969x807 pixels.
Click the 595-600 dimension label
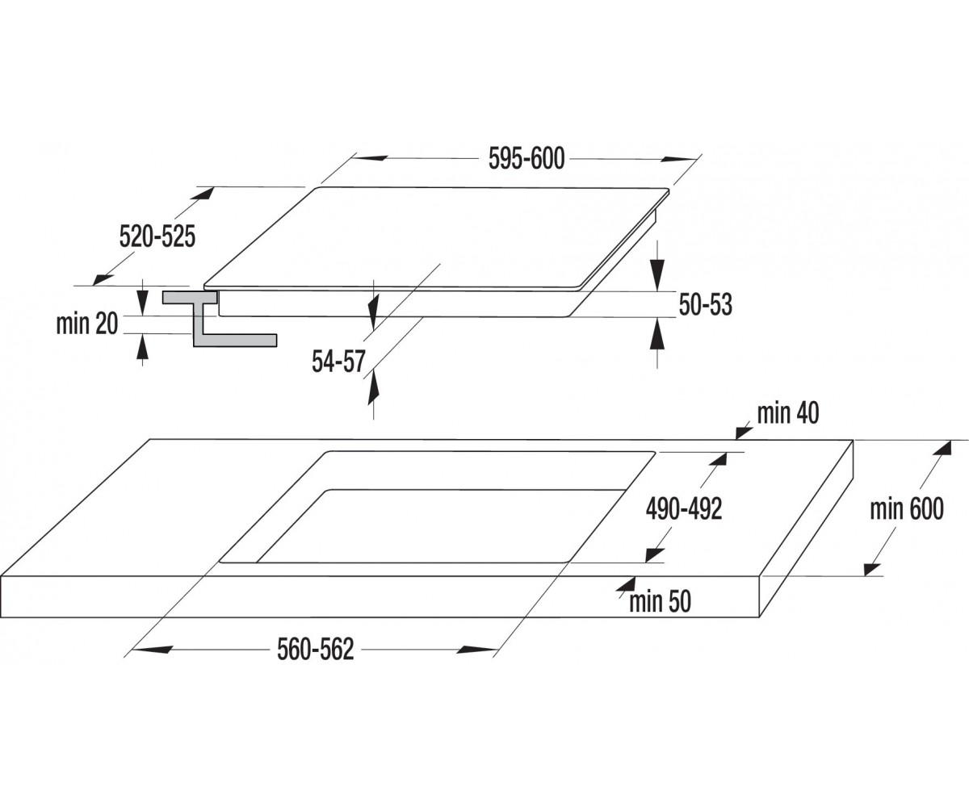pos(526,159)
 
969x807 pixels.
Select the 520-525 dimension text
pos(157,236)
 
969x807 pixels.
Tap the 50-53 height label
pos(706,305)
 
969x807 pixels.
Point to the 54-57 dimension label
pos(338,362)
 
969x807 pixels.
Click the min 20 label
pos(87,324)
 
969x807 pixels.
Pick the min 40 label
pos(788,413)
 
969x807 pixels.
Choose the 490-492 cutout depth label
pos(684,509)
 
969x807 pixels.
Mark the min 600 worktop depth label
pos(906,508)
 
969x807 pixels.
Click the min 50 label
pos(660,601)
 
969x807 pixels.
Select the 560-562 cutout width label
pos(316,650)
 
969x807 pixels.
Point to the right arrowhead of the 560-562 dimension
pos(476,650)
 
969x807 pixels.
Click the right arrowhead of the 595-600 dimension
pos(679,159)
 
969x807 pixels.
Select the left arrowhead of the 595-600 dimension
pos(369,158)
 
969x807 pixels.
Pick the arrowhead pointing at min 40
pos(745,431)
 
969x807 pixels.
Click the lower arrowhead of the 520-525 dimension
pos(103,279)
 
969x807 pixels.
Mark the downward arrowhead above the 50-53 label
pos(657,274)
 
